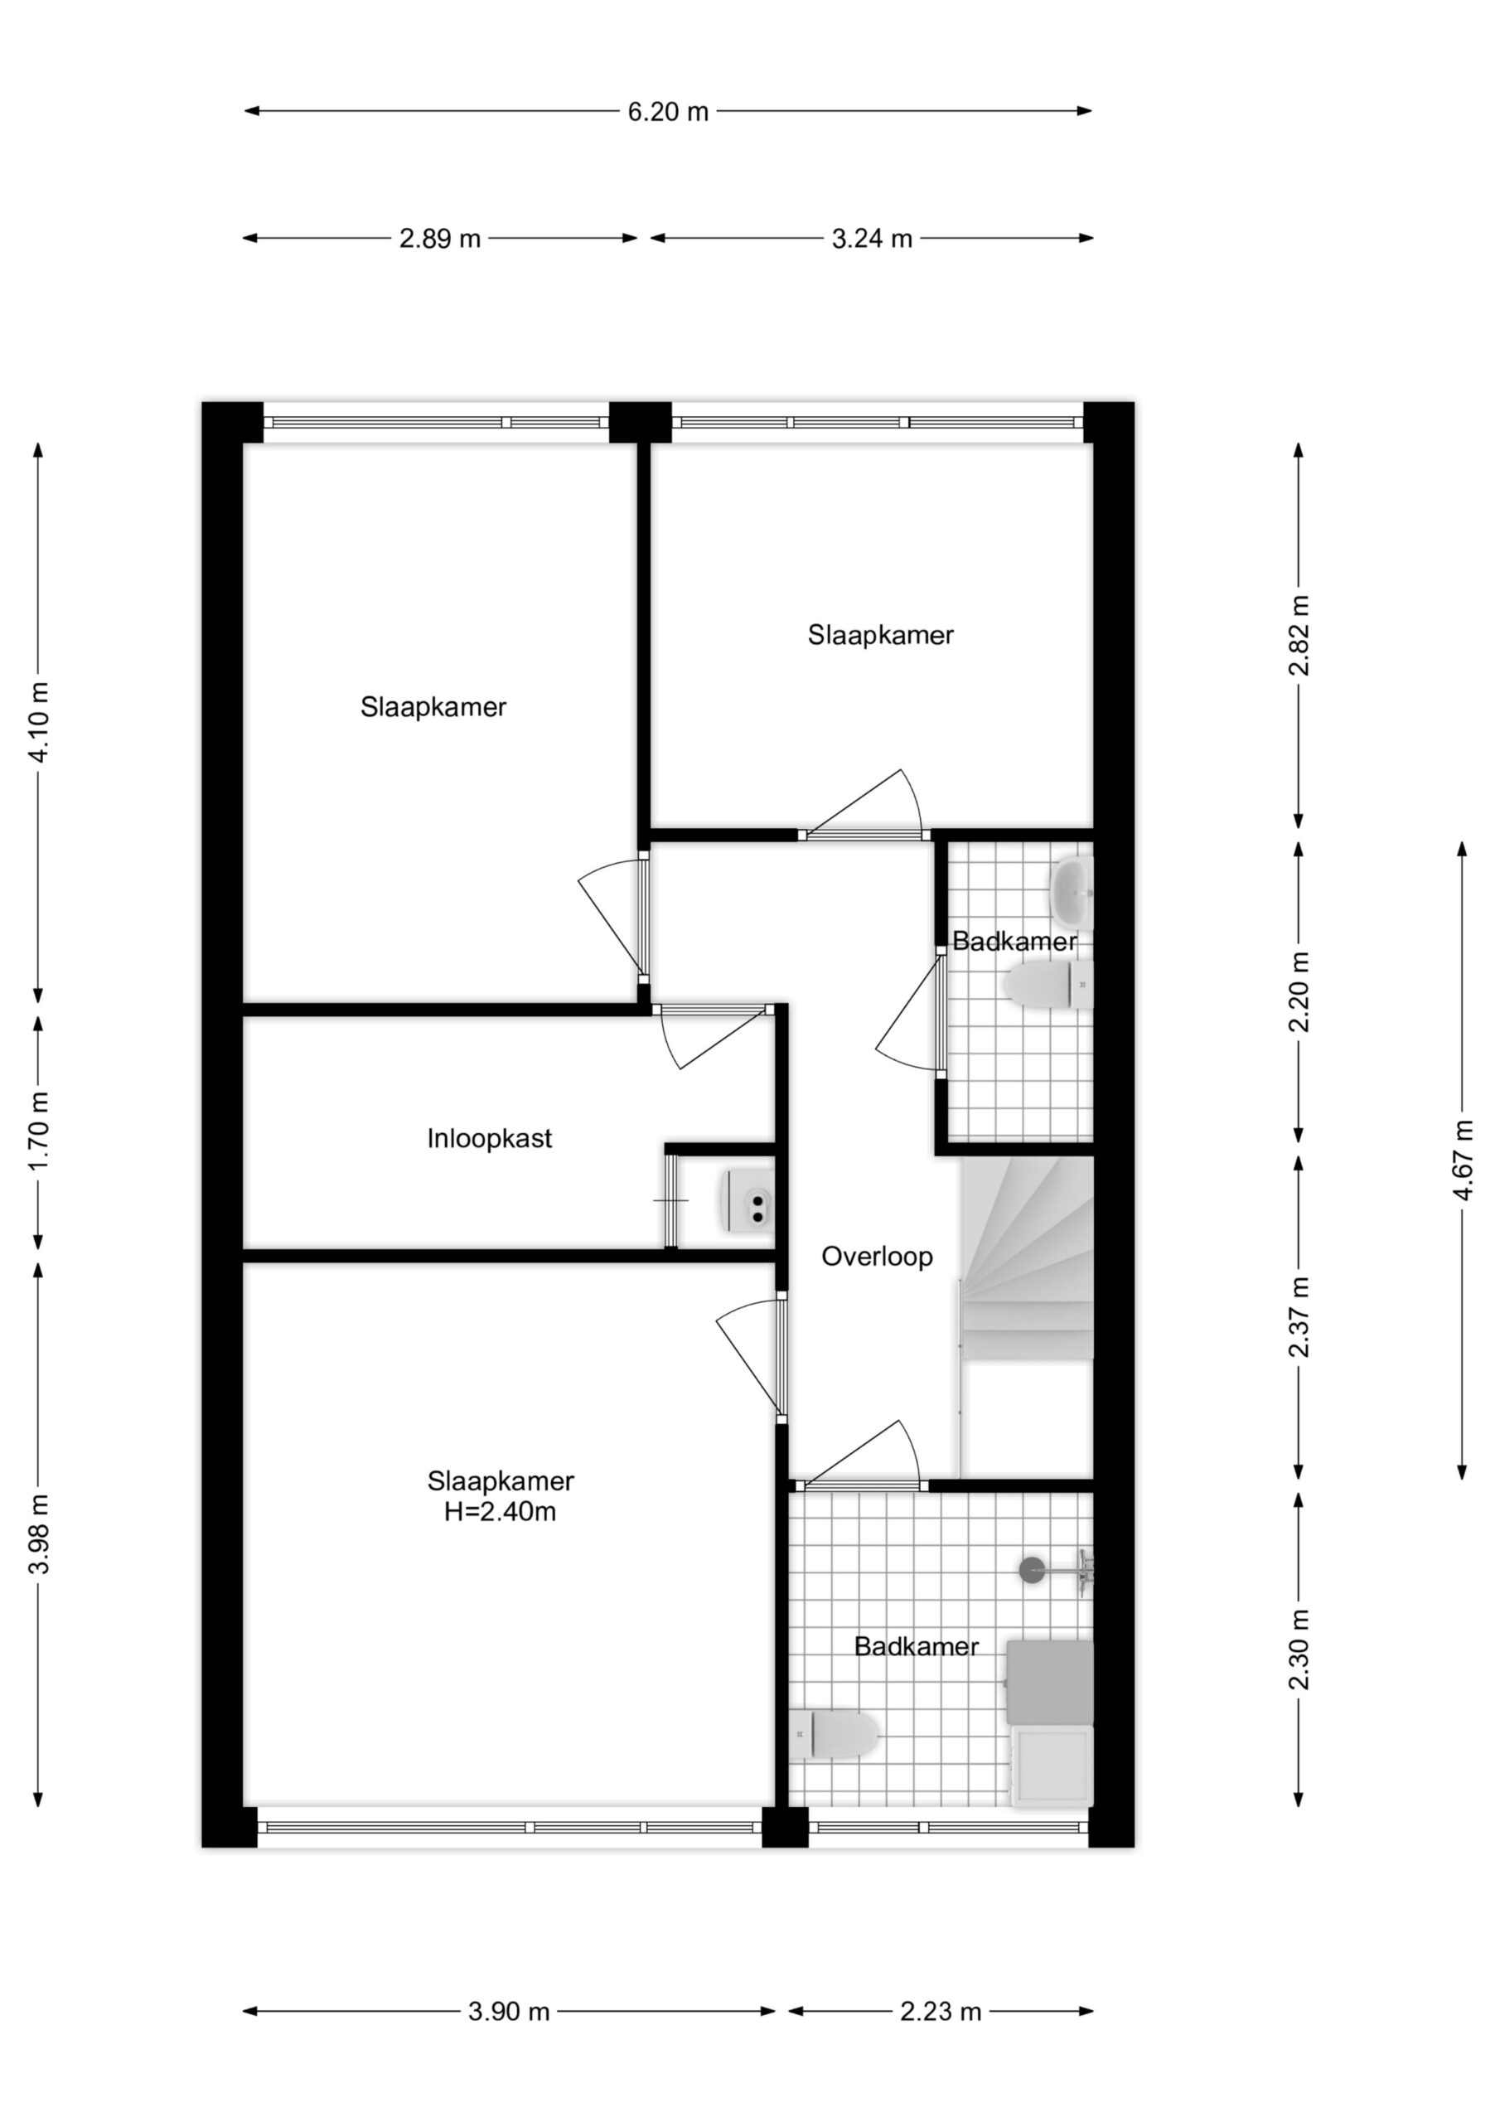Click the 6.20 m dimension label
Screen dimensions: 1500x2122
(x=667, y=112)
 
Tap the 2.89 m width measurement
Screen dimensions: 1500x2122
(x=440, y=239)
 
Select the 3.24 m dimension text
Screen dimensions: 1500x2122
(x=872, y=239)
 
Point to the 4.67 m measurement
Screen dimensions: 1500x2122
(x=1462, y=1160)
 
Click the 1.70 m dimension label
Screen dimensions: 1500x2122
(x=38, y=1131)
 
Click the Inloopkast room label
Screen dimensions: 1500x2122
(x=489, y=1138)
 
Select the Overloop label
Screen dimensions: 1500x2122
(x=877, y=1256)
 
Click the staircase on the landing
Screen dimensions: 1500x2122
(x=1027, y=1259)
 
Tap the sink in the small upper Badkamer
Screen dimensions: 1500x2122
(x=1072, y=893)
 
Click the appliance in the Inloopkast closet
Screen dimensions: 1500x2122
(x=747, y=1201)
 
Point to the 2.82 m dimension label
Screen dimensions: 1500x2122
(x=1299, y=635)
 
